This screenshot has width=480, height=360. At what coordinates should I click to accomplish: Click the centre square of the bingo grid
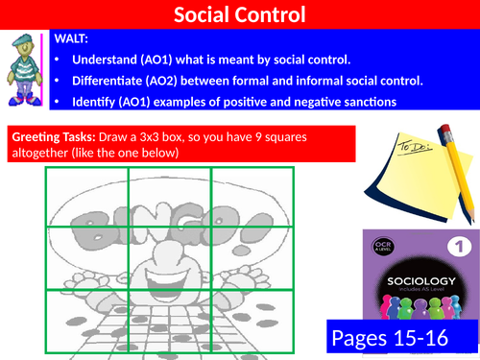click(169, 256)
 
